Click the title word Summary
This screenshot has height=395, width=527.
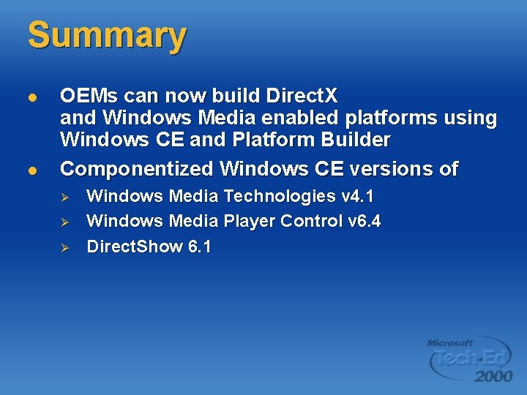(107, 36)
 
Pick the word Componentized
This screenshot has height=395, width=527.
(137, 169)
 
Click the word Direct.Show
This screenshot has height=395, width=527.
(135, 247)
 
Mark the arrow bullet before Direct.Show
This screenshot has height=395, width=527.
(64, 247)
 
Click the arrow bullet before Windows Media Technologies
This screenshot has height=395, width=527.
(64, 197)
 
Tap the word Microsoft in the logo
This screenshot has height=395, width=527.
(450, 342)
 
